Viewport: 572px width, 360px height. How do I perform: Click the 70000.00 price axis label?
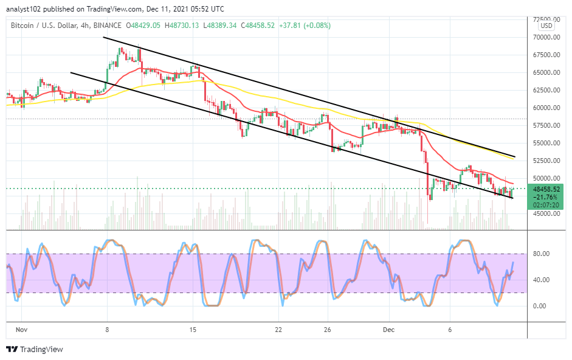(x=543, y=37)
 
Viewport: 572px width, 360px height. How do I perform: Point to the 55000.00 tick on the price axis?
(x=543, y=143)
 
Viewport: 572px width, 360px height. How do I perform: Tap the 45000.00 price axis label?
(x=543, y=213)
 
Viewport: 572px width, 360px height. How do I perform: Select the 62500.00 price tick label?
(x=543, y=90)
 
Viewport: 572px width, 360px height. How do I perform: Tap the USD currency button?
(x=546, y=26)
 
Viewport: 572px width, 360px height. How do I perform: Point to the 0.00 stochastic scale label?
(x=539, y=306)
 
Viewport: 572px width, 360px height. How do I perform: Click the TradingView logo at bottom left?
(x=34, y=350)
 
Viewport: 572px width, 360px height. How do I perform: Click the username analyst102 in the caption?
(x=22, y=9)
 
